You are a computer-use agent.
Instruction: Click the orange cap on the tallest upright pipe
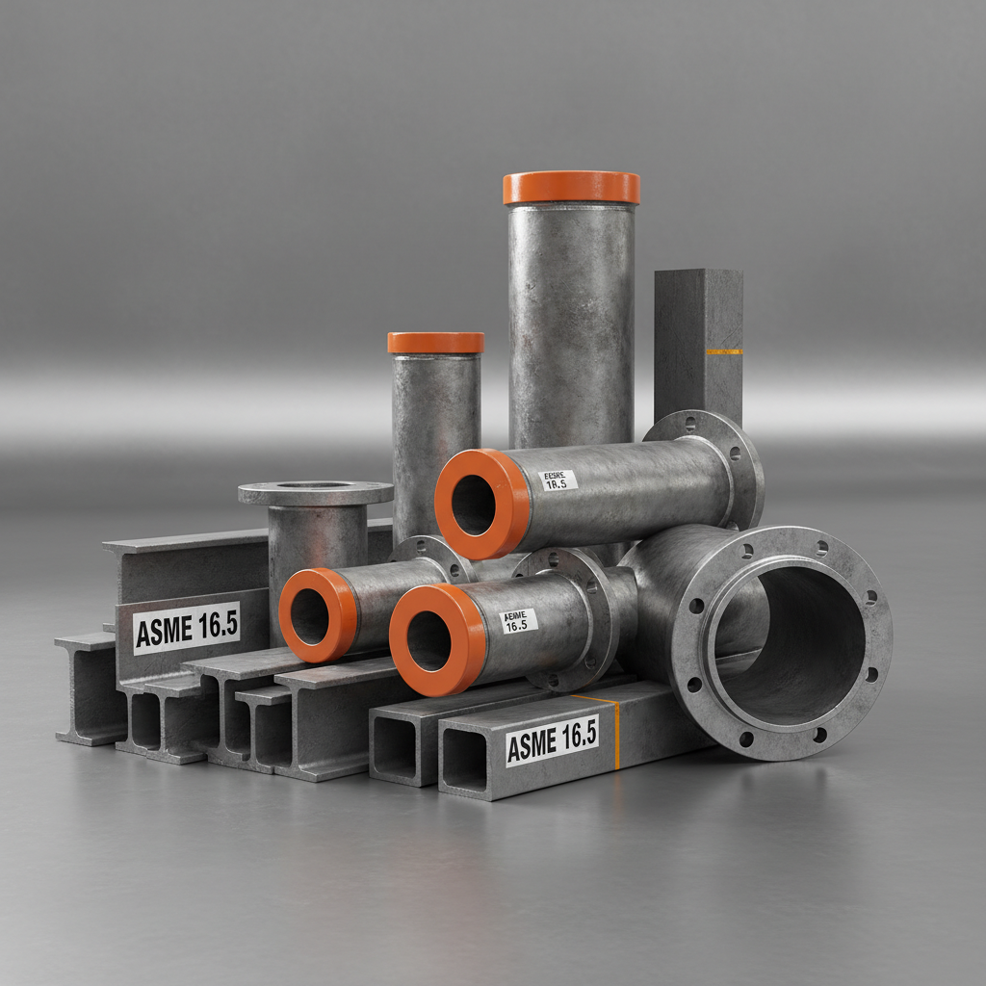click(x=571, y=188)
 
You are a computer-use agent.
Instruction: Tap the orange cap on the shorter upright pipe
click(x=435, y=343)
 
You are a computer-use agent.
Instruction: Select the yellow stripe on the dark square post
click(x=723, y=351)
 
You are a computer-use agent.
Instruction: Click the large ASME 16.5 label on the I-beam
click(x=186, y=628)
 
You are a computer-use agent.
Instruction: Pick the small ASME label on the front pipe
click(x=519, y=621)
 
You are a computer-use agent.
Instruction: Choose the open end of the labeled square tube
click(x=464, y=761)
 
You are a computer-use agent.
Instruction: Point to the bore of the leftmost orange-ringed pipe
click(x=309, y=617)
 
